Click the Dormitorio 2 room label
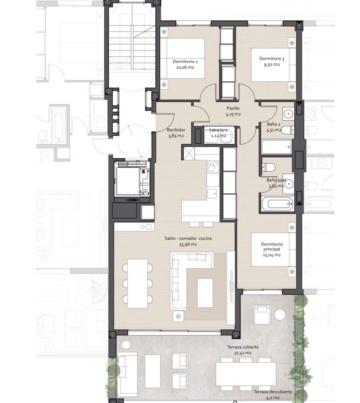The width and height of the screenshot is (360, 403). coord(185,62)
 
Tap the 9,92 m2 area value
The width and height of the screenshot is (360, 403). coord(272,65)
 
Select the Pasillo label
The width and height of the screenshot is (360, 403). coord(233,108)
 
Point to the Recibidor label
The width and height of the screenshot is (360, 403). coord(176,130)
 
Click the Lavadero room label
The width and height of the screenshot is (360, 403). coord(218,130)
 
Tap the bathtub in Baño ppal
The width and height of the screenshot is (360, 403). coord(277,204)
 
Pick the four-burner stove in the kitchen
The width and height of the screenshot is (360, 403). coord(213,166)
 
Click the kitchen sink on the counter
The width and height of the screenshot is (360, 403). coord(212,194)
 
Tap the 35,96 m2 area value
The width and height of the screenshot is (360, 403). coord(188,245)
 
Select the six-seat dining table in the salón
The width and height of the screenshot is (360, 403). coord(138,284)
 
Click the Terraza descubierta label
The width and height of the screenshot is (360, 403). coord(273,392)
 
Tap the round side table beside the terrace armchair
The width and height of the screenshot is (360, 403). coord(280,315)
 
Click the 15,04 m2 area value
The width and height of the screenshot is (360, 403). coord(272,255)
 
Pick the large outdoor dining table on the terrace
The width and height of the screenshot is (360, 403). coord(246,374)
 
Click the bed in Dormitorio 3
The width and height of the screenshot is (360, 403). coord(274,65)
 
